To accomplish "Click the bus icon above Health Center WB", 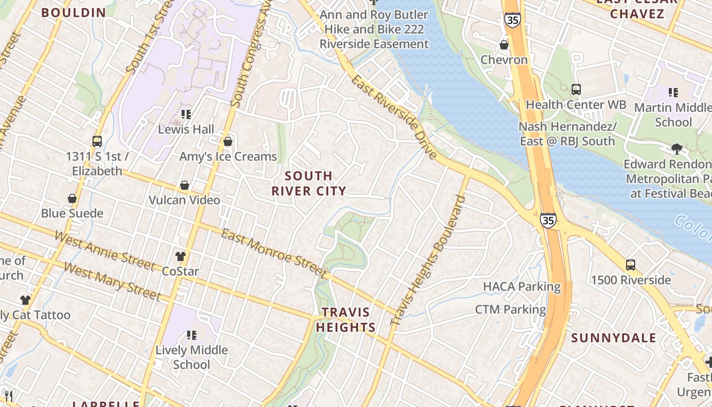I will tap(576, 90).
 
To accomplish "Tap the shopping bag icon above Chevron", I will tap(504, 45).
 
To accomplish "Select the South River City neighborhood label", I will tap(309, 183).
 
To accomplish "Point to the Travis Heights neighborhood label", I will tap(346, 319).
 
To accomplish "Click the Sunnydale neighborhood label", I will tap(613, 338).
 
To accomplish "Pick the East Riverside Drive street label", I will tap(394, 117).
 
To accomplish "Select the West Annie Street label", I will tap(104, 251).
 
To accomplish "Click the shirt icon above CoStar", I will tap(180, 256).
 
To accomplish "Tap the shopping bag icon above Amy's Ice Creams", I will tap(228, 141).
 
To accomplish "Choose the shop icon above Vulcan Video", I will tap(185, 185).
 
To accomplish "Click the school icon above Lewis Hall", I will tap(186, 114).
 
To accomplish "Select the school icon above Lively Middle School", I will tap(192, 335).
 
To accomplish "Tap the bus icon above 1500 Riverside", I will tap(631, 265).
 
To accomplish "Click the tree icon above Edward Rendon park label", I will tap(676, 149).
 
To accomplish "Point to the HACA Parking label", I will tap(522, 286).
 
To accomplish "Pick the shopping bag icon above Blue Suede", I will tap(72, 198).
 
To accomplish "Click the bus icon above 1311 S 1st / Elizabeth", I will tap(97, 141).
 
